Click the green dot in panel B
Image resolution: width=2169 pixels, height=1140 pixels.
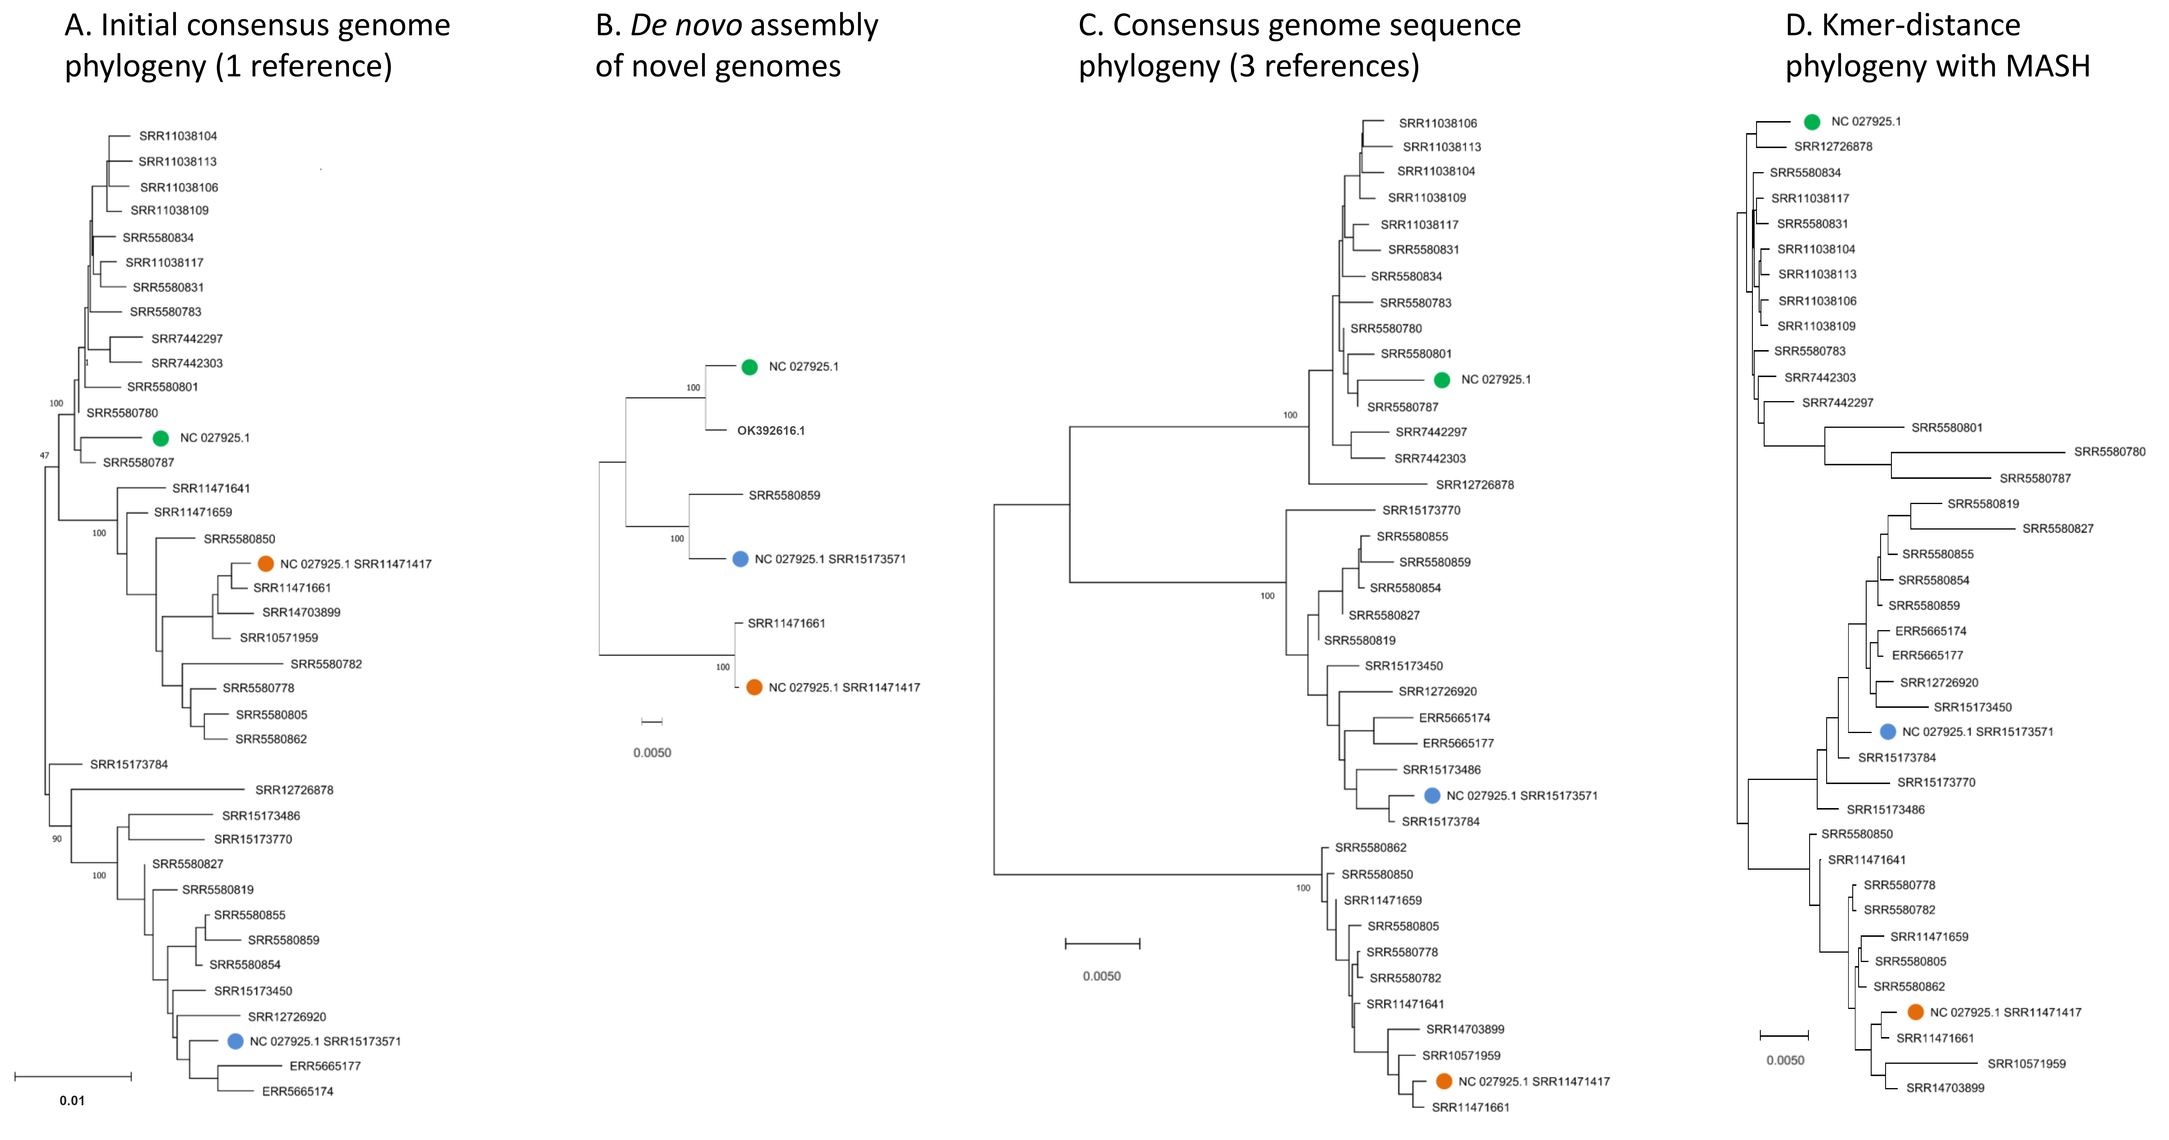point(749,367)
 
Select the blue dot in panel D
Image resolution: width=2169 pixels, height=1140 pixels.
point(1888,732)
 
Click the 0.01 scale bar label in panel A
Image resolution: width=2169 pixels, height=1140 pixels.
point(72,1100)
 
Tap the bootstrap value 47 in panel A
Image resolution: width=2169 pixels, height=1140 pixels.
point(45,455)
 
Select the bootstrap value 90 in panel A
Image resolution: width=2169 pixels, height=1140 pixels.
point(57,839)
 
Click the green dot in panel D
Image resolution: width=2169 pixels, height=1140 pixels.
point(1812,122)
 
